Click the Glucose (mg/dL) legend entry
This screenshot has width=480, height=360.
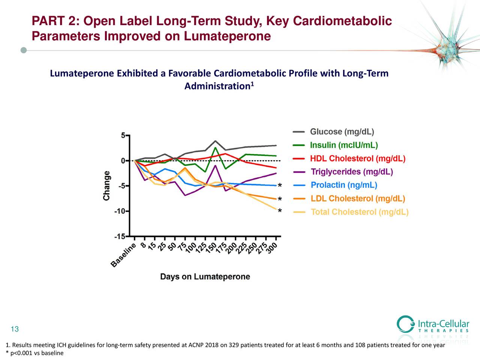point(342,132)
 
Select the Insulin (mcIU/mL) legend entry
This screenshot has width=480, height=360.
point(343,145)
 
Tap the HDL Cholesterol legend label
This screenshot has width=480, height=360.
point(357,159)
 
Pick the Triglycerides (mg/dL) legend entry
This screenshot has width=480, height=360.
point(352,172)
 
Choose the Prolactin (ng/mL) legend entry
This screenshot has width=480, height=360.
point(344,185)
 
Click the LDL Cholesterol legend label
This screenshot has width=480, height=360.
point(357,199)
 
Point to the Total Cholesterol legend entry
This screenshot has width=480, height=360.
point(359,212)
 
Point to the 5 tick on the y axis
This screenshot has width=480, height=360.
point(123,136)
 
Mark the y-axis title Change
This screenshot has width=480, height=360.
point(107,186)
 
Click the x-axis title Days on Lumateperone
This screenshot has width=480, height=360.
point(205,277)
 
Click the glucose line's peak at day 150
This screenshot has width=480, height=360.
point(215,141)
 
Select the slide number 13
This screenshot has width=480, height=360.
point(15,330)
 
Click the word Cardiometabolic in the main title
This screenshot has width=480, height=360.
point(342,22)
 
